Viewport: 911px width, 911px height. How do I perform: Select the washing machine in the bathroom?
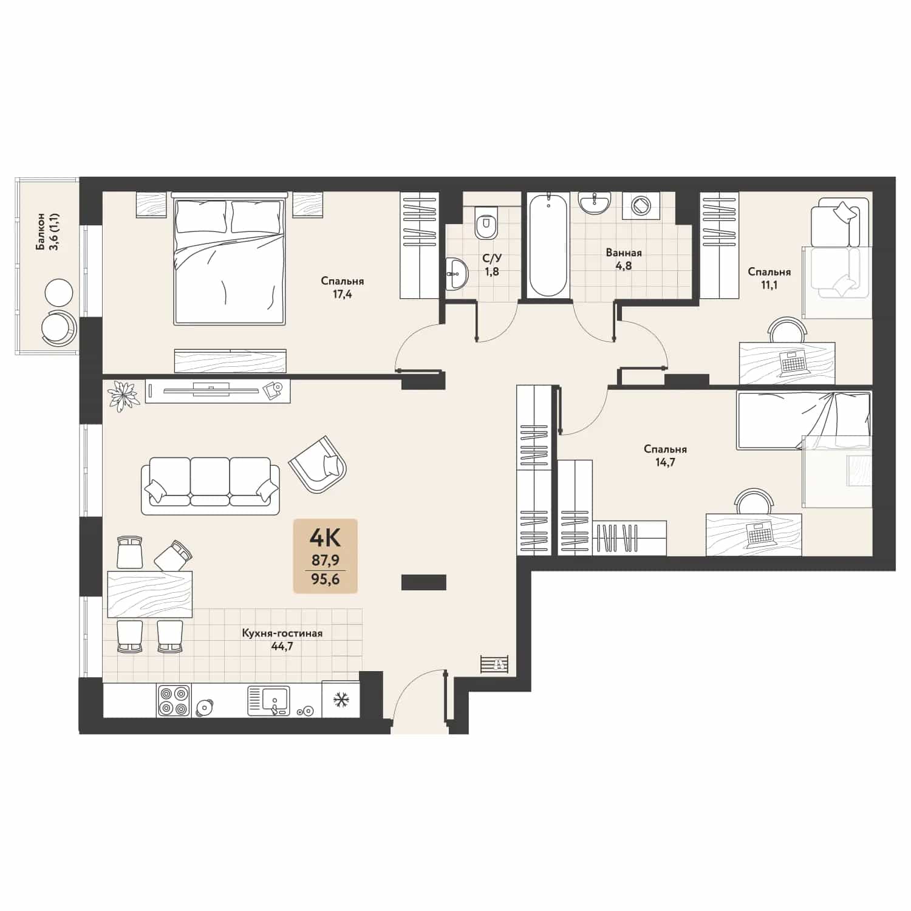tap(640, 205)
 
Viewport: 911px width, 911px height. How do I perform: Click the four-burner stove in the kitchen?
tap(174, 700)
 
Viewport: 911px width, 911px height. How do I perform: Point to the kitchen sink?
tap(268, 700)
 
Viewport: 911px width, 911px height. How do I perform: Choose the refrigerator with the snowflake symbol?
tap(341, 700)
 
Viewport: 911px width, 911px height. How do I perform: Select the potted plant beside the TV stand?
tap(123, 395)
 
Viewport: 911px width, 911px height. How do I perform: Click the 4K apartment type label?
tap(325, 537)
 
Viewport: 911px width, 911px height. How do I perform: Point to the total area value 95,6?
tap(325, 579)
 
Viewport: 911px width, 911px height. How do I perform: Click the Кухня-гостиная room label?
tap(282, 633)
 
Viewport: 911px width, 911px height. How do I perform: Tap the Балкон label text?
tap(40, 231)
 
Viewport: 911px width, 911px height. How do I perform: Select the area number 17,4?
tap(343, 295)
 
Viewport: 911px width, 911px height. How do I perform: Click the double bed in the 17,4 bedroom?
tap(230, 258)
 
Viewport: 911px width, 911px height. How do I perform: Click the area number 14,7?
tap(665, 462)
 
